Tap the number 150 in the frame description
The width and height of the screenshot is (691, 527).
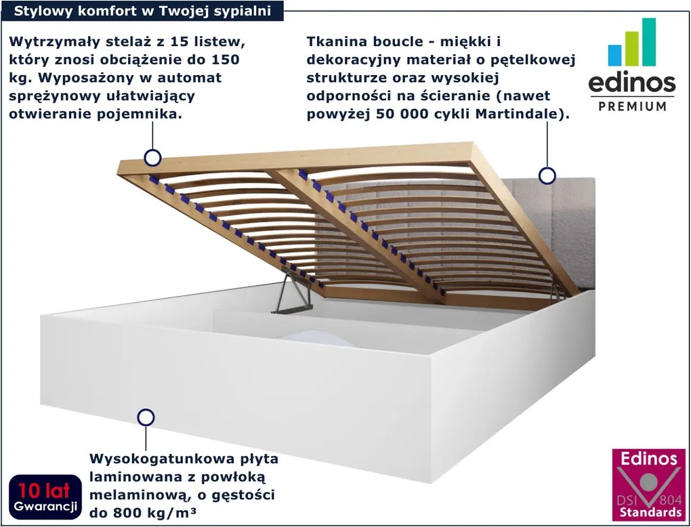[x=225, y=60]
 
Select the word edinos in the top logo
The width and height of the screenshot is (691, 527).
[x=631, y=83]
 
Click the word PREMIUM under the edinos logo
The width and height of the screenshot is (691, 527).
[x=632, y=106]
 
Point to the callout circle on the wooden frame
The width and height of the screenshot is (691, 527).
[x=152, y=159]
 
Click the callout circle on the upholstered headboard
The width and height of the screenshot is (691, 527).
[x=547, y=176]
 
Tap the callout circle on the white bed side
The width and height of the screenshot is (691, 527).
[x=145, y=417]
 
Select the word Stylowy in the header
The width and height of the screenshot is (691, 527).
[x=43, y=11]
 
